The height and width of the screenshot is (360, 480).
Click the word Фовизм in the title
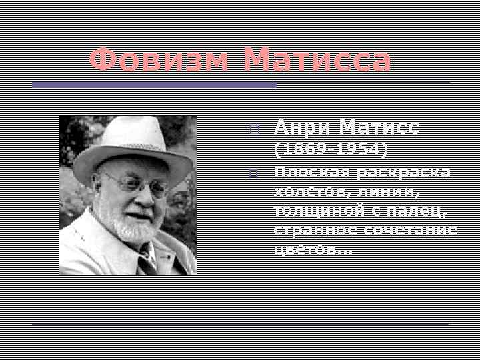tap(161, 61)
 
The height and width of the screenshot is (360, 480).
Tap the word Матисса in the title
tap(317, 61)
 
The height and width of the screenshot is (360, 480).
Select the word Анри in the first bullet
tap(300, 127)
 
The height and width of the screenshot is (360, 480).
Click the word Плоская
tap(311, 172)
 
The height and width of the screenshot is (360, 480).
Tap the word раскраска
tap(403, 172)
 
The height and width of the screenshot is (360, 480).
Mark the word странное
tap(316, 230)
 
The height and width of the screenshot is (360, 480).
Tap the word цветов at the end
tap(307, 249)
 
